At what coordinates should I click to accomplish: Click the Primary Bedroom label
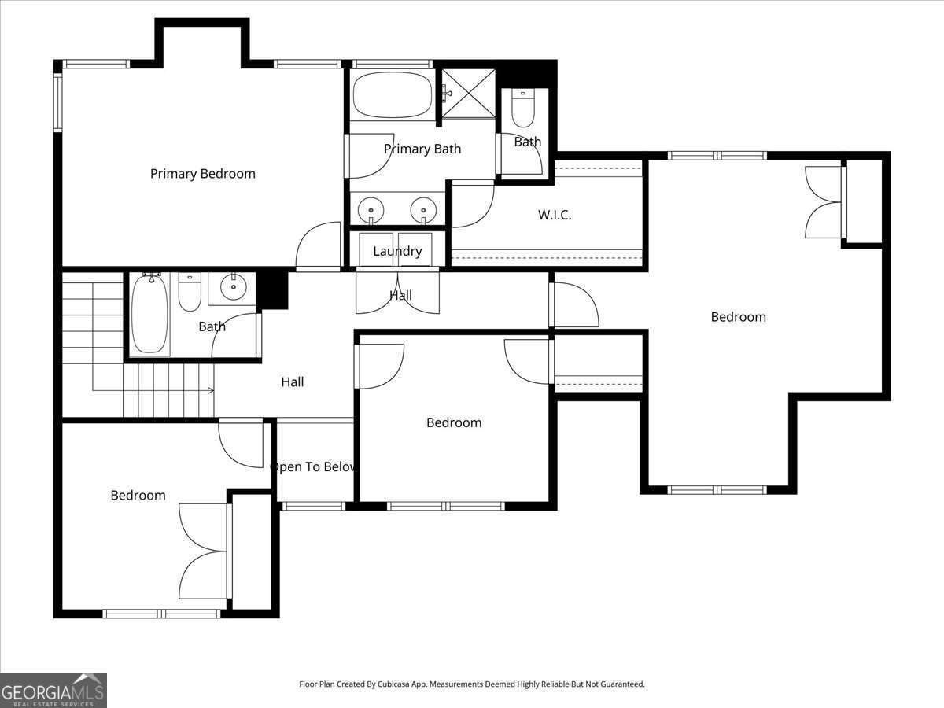pyautogui.click(x=202, y=174)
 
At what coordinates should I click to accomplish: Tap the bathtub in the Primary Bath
pyautogui.click(x=392, y=96)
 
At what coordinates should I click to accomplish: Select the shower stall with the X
pyautogui.click(x=468, y=94)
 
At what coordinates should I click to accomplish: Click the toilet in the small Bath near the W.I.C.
pyautogui.click(x=523, y=109)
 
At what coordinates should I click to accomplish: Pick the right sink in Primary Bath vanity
pyautogui.click(x=424, y=210)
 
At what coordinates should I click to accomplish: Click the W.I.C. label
pyautogui.click(x=555, y=215)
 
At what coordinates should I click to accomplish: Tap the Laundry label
pyautogui.click(x=397, y=252)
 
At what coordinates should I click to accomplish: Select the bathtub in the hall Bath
pyautogui.click(x=149, y=313)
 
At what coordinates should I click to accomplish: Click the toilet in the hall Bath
pyautogui.click(x=190, y=292)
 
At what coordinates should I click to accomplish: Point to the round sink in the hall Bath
pyautogui.click(x=234, y=288)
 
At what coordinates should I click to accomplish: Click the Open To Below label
pyautogui.click(x=313, y=467)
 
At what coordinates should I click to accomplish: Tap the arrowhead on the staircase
pyautogui.click(x=211, y=390)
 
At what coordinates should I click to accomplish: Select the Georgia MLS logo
pyautogui.click(x=53, y=690)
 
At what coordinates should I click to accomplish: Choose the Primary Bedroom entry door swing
pyautogui.click(x=318, y=245)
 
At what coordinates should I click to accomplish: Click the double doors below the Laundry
pyautogui.click(x=397, y=292)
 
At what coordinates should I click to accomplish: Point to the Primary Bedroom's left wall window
pyautogui.click(x=57, y=102)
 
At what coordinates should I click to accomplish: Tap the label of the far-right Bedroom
pyautogui.click(x=738, y=317)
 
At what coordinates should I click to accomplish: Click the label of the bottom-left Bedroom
pyautogui.click(x=138, y=496)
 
